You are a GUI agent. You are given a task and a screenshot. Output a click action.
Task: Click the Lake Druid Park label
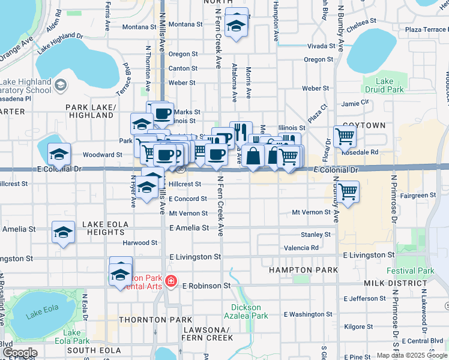(384, 85)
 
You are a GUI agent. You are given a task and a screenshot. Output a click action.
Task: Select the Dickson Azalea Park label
(250, 311)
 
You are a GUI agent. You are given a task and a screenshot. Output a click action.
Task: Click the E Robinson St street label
(206, 286)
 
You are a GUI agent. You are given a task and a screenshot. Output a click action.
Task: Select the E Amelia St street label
(189, 228)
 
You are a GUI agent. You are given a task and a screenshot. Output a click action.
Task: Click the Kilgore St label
(360, 327)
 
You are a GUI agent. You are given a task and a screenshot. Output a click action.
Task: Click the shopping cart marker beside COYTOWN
(345, 136)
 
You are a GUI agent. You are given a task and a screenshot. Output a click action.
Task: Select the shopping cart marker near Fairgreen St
(348, 192)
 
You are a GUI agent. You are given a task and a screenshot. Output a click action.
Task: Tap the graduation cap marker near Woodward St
(59, 154)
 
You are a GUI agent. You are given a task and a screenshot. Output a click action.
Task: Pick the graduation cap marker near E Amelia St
(63, 232)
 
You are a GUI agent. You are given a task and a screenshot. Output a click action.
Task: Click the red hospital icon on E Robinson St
(171, 280)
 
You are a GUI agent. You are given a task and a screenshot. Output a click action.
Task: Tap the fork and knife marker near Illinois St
(241, 131)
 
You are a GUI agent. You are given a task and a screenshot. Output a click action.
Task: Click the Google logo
(20, 353)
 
